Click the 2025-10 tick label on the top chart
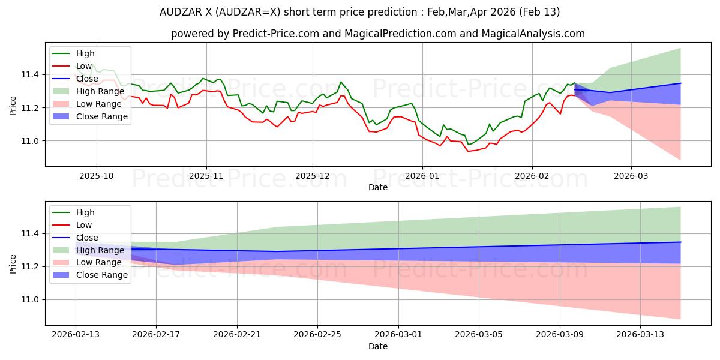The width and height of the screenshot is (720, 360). point(97,175)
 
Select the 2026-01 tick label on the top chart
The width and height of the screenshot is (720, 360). point(422,175)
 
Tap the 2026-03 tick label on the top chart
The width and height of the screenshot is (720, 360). point(631,175)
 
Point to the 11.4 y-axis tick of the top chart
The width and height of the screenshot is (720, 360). point(34,74)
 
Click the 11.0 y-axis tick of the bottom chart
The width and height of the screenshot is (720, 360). point(34,299)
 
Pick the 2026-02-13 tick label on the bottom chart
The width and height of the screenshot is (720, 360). point(76,334)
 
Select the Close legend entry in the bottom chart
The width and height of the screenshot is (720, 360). point(87,238)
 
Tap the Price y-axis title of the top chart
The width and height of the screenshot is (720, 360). point(13,104)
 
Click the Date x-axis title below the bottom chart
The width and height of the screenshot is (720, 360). point(378,346)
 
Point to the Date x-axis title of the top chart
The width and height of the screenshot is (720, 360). point(378,187)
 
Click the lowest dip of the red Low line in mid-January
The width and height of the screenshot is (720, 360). point(469,151)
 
